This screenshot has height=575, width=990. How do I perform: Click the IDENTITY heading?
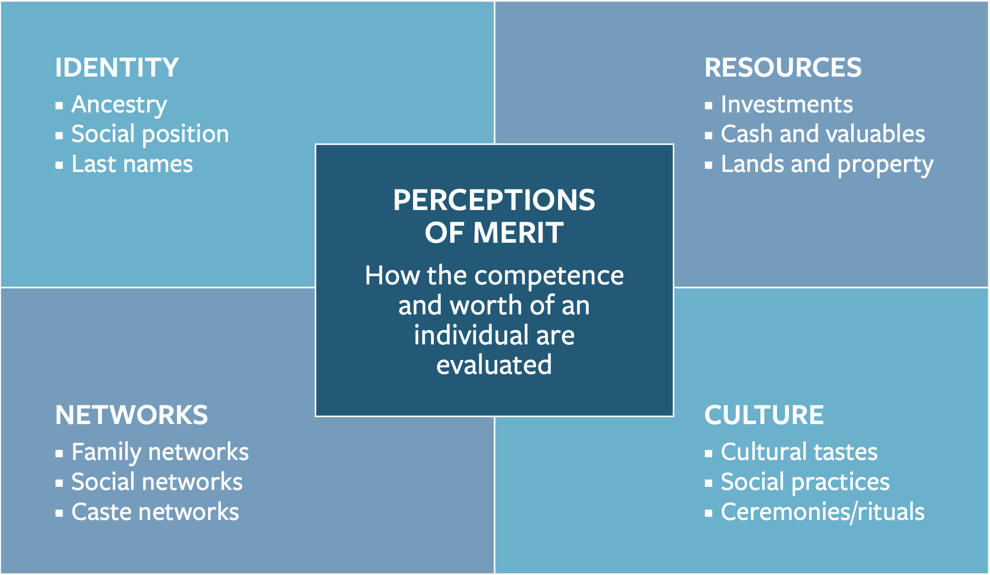117,68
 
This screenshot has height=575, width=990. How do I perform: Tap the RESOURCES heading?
783,68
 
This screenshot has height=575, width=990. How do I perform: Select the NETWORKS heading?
132,415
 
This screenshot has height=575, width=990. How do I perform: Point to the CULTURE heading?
764,415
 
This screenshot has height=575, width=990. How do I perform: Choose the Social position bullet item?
150,134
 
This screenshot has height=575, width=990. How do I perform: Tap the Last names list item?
132,164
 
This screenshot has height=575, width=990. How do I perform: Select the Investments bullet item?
787,105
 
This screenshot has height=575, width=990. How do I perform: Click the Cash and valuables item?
823,134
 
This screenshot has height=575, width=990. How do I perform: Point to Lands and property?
827,165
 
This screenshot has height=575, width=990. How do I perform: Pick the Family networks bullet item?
160,453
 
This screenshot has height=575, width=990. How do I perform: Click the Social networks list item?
157,482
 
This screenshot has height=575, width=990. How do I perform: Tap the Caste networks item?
155,512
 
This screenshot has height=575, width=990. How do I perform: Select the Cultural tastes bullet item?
799,452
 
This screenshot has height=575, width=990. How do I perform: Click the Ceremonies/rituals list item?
823,512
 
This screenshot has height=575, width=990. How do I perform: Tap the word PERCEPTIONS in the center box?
494,200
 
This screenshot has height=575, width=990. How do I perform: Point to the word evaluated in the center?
494,365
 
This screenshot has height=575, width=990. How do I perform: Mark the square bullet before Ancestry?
59,106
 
